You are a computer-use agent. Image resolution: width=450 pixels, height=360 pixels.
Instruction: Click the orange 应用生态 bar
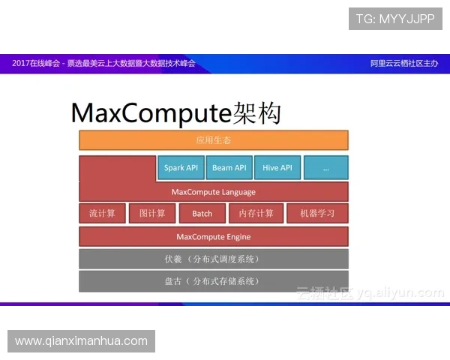tap(214, 140)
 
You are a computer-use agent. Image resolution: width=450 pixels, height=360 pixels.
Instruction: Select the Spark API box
tap(181, 168)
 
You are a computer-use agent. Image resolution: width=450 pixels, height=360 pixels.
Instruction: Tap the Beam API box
tap(229, 168)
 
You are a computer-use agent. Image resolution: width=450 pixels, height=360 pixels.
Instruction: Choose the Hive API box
tap(277, 168)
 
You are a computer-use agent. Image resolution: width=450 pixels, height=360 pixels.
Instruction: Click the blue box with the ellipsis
tap(325, 168)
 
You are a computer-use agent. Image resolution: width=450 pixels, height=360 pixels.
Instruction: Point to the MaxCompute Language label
tap(214, 192)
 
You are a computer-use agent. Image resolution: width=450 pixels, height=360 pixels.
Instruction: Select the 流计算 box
tap(102, 214)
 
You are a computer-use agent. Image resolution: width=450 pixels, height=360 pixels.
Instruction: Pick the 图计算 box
tap(151, 214)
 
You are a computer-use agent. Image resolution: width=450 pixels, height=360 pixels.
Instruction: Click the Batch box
tap(202, 214)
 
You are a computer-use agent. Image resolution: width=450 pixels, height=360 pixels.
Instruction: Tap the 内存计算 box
tap(255, 214)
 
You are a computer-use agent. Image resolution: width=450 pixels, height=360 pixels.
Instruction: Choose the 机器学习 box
tap(317, 214)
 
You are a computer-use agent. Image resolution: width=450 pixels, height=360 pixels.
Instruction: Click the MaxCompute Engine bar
tap(214, 237)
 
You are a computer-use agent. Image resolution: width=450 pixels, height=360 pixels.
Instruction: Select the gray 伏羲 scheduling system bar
tap(214, 259)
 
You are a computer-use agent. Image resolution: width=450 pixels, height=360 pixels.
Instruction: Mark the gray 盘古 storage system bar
tap(214, 281)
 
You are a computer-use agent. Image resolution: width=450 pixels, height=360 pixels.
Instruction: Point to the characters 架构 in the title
tap(255, 113)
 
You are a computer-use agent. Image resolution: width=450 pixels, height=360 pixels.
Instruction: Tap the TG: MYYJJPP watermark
tap(395, 19)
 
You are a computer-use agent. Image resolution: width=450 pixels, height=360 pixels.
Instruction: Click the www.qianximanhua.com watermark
tap(81, 341)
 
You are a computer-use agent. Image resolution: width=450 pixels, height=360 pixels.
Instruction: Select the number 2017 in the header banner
tap(21, 64)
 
